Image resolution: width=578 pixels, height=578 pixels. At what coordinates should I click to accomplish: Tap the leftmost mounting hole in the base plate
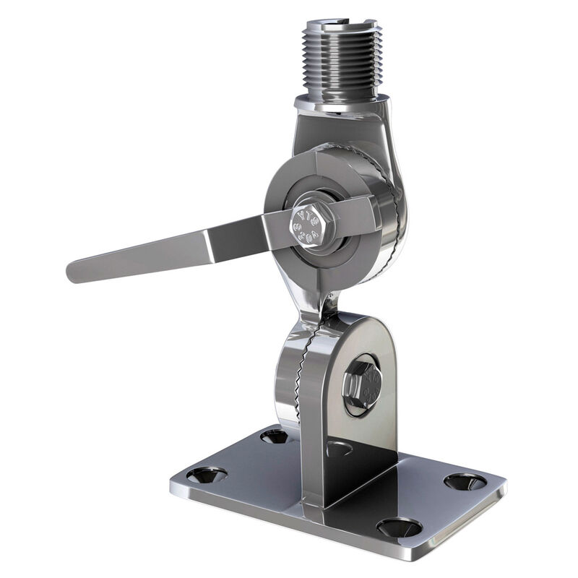click(207, 475)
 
